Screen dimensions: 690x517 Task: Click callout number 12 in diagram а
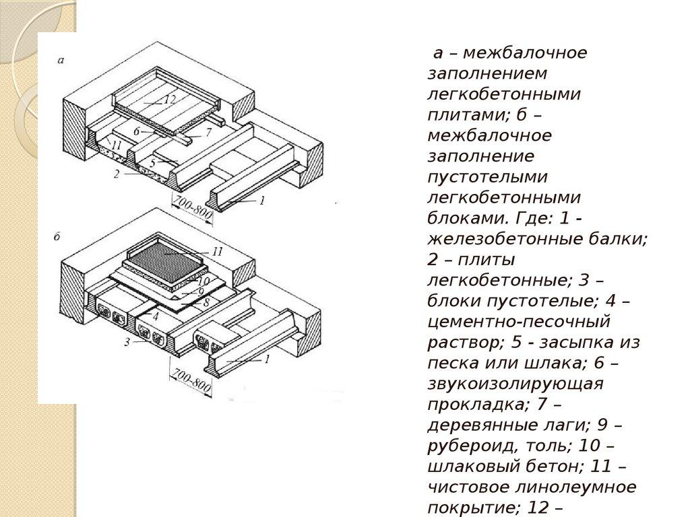click(169, 100)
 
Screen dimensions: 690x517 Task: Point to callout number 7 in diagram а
click(209, 132)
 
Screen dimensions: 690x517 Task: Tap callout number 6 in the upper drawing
click(136, 131)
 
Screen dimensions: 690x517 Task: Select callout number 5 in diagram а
click(152, 163)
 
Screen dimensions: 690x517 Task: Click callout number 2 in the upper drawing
click(116, 174)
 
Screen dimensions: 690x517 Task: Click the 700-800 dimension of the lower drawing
click(191, 381)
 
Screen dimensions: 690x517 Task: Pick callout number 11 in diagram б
click(218, 252)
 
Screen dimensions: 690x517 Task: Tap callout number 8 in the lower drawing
click(206, 302)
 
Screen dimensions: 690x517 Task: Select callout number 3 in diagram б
click(127, 342)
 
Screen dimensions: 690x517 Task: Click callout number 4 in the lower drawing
click(156, 316)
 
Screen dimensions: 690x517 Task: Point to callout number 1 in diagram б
click(267, 359)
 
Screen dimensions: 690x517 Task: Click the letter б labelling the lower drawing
click(57, 236)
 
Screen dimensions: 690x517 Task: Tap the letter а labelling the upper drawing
click(61, 60)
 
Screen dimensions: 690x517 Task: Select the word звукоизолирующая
click(515, 384)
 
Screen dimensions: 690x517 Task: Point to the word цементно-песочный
click(519, 321)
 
